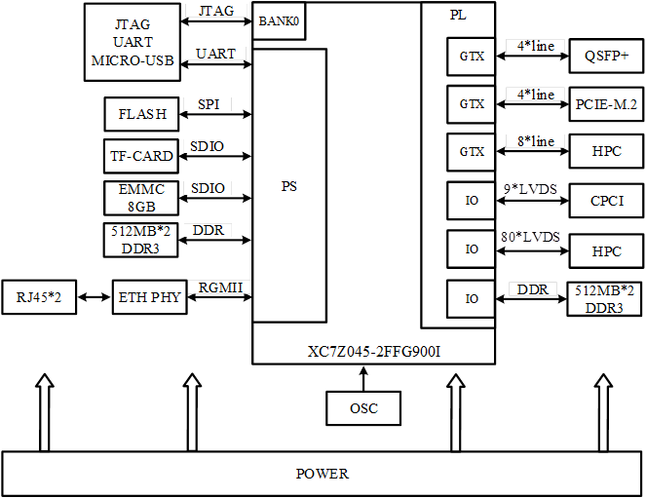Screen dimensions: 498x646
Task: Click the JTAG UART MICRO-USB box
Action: [x=133, y=42]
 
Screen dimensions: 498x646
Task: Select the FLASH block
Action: [x=141, y=114]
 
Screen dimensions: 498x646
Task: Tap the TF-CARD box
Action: [x=141, y=156]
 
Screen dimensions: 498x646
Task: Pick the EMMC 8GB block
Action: [x=141, y=198]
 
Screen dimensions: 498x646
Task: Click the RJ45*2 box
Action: [x=40, y=296]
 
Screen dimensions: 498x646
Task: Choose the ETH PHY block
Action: [x=148, y=296]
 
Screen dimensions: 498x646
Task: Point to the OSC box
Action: [x=363, y=408]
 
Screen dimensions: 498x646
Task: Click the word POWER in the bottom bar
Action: [x=322, y=474]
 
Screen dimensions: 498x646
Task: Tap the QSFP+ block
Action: [x=605, y=57]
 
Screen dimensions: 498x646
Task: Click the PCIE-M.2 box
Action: [x=605, y=103]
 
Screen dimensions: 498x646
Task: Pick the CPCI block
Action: [x=605, y=201]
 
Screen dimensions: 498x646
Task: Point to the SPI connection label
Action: [x=208, y=103]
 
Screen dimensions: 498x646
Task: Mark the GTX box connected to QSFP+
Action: [x=472, y=57]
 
